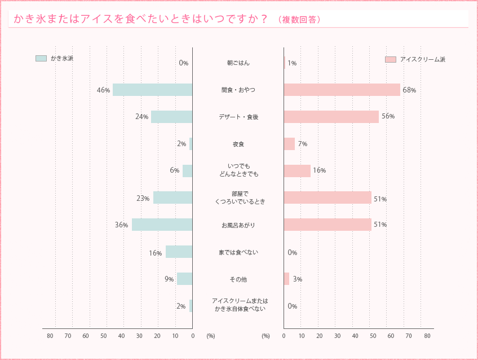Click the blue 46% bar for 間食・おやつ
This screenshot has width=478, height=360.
(152, 90)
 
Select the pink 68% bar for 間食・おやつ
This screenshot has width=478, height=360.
(342, 90)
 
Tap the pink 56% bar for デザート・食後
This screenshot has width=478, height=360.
(331, 116)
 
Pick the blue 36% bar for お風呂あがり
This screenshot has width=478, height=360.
(162, 225)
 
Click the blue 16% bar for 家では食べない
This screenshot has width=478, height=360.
(179, 252)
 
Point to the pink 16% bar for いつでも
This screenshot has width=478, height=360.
(297, 170)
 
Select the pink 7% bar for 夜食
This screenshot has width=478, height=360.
(289, 144)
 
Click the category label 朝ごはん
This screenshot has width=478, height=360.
(238, 63)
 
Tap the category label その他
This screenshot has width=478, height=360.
(238, 279)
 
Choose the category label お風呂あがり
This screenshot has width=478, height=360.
(238, 225)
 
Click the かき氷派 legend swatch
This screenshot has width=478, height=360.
(41, 58)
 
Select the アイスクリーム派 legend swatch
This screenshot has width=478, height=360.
(391, 59)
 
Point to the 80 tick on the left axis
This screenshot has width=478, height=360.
(50, 336)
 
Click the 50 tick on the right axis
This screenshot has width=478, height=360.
(373, 336)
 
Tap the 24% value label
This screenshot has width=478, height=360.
(141, 117)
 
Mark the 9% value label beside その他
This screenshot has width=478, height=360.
(169, 279)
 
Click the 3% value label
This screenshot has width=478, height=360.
(298, 279)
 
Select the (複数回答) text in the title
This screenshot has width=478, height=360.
(299, 20)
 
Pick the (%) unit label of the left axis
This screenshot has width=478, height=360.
(211, 336)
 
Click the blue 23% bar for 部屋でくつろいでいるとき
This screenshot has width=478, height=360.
(172, 197)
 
